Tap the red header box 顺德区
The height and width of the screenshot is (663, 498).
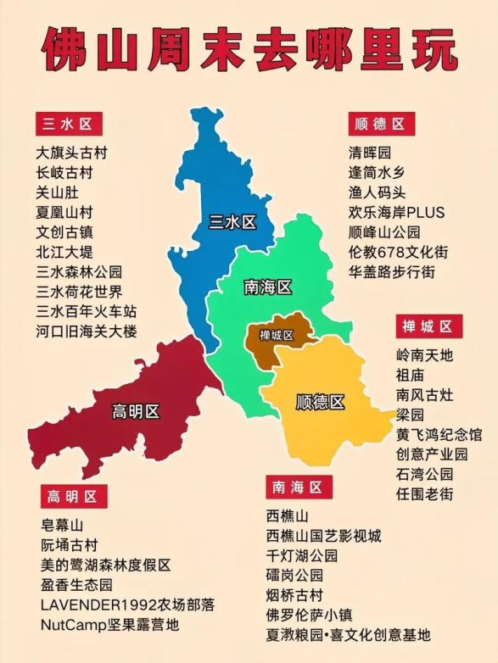(x=381, y=124)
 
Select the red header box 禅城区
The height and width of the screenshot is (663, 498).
(x=428, y=326)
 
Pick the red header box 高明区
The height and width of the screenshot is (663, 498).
(x=72, y=496)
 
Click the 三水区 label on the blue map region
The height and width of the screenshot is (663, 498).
(x=232, y=223)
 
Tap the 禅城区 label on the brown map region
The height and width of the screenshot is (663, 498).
(x=277, y=336)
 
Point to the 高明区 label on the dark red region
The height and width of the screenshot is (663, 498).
(x=136, y=412)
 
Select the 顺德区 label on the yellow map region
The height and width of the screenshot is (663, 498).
(x=320, y=401)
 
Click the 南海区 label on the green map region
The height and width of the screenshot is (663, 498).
(x=267, y=287)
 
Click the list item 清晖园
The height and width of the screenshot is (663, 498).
(x=370, y=153)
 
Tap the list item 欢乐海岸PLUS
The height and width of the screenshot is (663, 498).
(x=396, y=213)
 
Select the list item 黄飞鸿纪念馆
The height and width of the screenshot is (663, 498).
(x=439, y=434)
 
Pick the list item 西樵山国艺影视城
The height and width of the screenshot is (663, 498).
(x=323, y=536)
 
